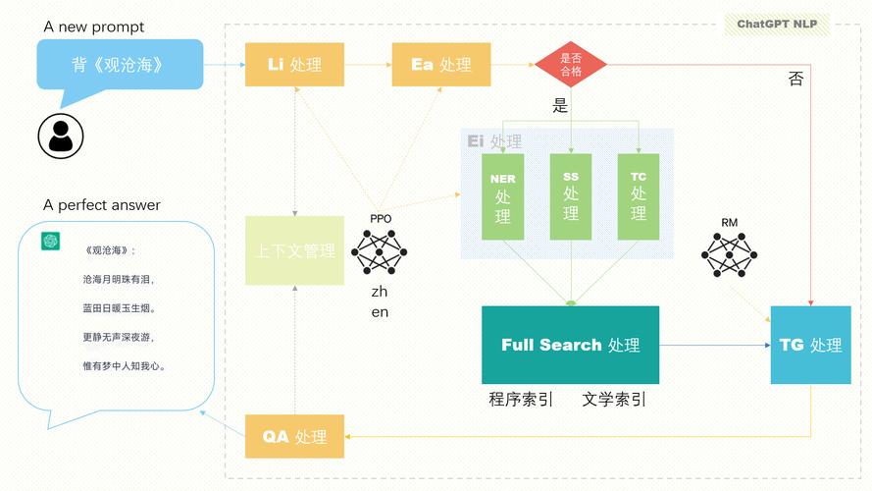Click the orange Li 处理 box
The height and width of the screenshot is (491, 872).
(x=294, y=65)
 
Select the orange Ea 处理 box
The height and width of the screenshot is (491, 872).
(x=441, y=65)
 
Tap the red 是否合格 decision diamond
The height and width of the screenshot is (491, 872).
(x=570, y=65)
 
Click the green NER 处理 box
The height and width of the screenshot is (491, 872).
(x=502, y=196)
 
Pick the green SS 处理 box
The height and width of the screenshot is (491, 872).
(x=570, y=196)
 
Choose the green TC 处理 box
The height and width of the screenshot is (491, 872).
(x=638, y=196)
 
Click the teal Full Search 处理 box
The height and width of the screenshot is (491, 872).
(x=570, y=345)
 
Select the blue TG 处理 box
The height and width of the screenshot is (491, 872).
(x=810, y=345)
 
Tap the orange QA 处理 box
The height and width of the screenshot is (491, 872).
(x=294, y=436)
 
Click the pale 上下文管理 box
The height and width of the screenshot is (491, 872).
(x=294, y=250)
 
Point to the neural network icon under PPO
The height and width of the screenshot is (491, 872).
(x=379, y=251)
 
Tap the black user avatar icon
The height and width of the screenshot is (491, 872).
(x=61, y=136)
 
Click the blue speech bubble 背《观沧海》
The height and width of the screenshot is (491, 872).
(x=119, y=66)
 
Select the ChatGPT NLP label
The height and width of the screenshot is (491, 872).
(x=777, y=25)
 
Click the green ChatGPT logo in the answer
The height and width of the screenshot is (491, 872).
(x=47, y=242)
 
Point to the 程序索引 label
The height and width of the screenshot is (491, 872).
(x=521, y=400)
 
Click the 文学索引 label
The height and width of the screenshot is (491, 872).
(x=614, y=400)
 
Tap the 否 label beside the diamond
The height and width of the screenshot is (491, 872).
(x=795, y=80)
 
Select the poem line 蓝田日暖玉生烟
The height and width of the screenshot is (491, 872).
(x=119, y=308)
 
